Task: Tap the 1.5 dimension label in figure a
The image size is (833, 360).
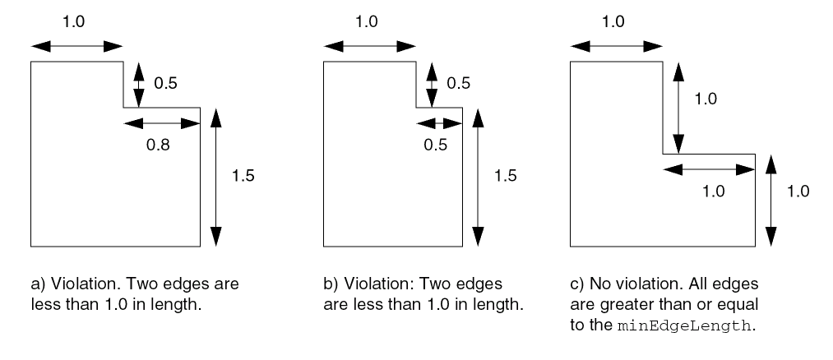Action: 244,175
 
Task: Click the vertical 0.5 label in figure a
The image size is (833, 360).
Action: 166,82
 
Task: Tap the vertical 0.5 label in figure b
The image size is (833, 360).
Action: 459,82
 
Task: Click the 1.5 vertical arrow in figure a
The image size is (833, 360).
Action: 215,176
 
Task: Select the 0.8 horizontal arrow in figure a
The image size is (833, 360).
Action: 161,122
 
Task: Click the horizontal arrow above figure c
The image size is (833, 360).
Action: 616,44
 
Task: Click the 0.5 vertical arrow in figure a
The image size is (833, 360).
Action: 139,84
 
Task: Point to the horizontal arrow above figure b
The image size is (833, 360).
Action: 368,44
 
